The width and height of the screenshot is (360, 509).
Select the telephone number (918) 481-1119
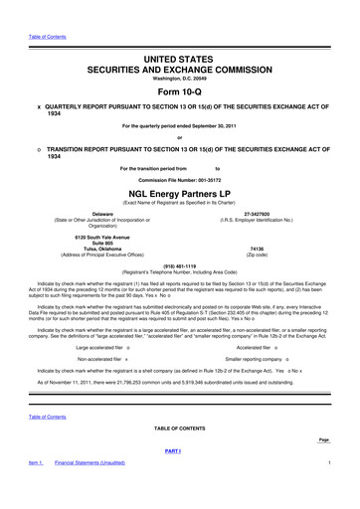179,265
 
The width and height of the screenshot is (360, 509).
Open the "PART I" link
179,451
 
